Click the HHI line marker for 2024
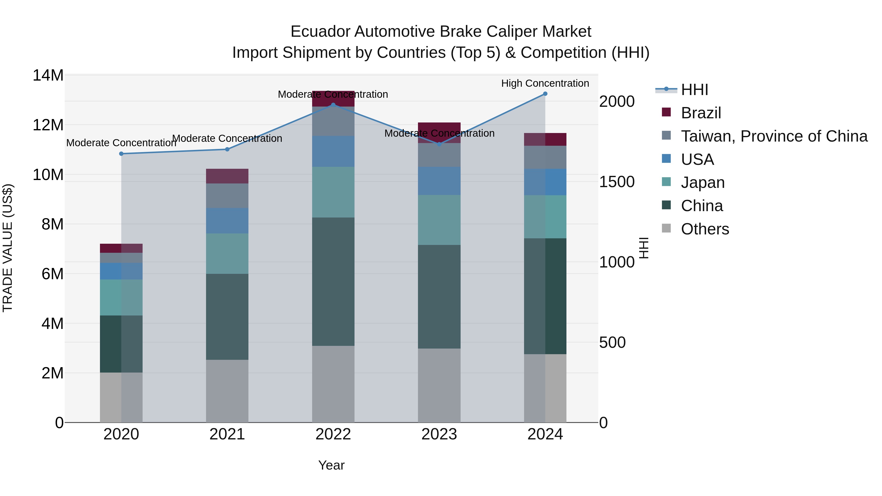(545, 94)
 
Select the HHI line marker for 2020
(121, 154)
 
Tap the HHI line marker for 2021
(227, 149)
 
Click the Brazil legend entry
(700, 113)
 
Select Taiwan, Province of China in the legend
(774, 136)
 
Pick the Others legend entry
(705, 229)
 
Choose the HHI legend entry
(694, 90)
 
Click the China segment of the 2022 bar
(333, 281)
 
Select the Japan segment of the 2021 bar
(227, 254)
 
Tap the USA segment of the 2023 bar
(439, 181)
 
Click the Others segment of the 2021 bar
(227, 391)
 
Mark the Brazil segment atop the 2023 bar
(439, 128)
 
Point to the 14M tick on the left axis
(48, 75)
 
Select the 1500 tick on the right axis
(617, 182)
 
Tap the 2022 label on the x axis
(333, 434)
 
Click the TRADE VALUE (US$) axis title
(8, 248)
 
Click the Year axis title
(331, 465)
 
